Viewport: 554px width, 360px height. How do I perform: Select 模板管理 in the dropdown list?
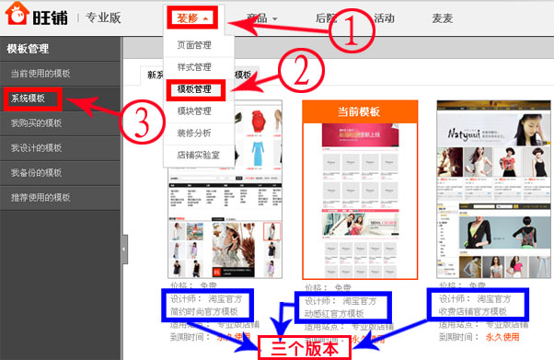click(195, 89)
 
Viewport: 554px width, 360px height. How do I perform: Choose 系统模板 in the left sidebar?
click(31, 98)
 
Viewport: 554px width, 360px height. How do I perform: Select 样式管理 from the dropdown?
click(195, 67)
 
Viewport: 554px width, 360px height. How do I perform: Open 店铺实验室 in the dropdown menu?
click(200, 156)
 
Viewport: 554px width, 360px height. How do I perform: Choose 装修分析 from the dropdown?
click(195, 134)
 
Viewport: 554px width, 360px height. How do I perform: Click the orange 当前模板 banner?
click(360, 111)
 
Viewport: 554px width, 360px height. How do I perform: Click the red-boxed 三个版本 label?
click(317, 347)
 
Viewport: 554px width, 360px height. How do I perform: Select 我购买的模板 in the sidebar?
click(36, 122)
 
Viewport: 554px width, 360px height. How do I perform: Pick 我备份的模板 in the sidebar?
click(36, 172)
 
